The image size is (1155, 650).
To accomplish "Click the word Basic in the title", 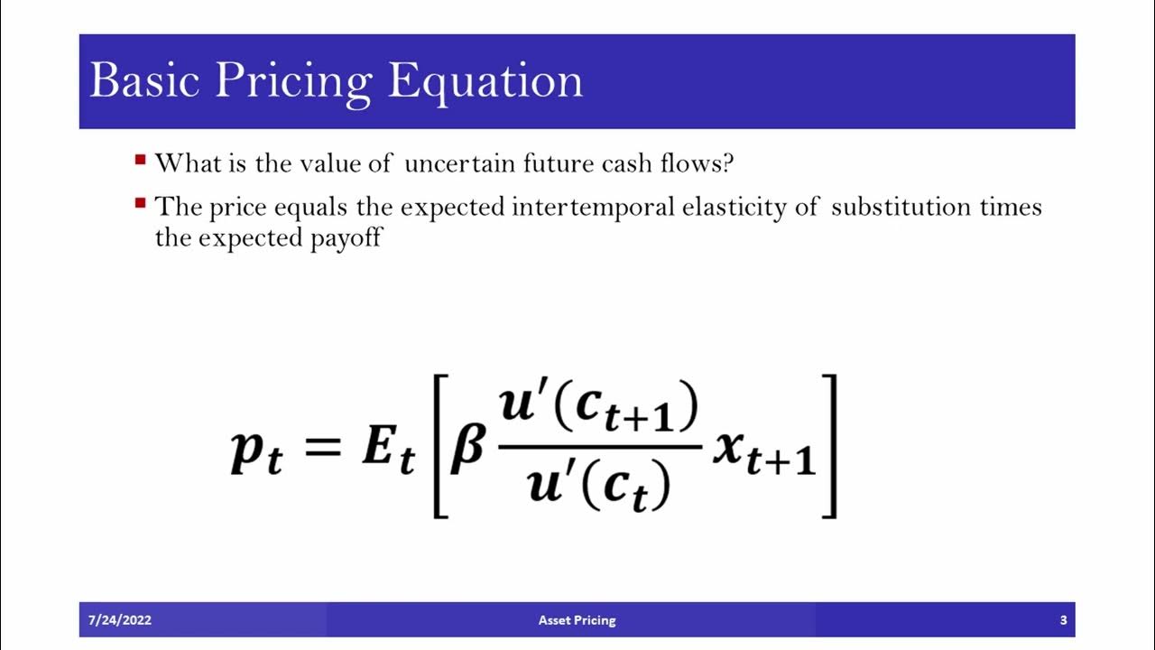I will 143,81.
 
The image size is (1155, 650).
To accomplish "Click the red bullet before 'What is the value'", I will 140,161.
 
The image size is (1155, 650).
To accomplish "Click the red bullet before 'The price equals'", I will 140,203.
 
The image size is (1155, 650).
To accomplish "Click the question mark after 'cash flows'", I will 727,163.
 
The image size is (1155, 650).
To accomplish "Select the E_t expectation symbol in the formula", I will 388,451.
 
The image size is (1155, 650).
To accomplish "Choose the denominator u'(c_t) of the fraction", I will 598,482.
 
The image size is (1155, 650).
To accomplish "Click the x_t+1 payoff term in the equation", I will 763,451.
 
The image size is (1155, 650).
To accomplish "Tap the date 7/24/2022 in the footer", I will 119,620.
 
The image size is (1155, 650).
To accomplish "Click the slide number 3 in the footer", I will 1063,620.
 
